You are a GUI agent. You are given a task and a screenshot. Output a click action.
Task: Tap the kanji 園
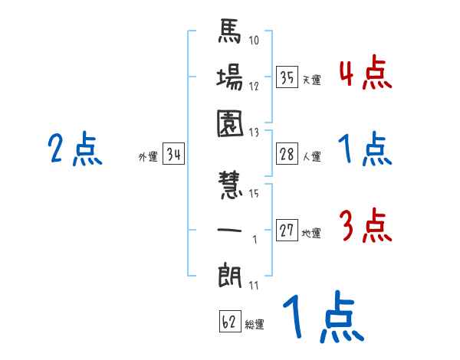(x=230, y=123)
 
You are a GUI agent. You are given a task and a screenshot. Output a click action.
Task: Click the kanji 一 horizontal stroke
(x=230, y=230)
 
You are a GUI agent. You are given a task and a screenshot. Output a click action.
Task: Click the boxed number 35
(x=287, y=77)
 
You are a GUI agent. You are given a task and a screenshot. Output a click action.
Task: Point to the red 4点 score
(x=366, y=74)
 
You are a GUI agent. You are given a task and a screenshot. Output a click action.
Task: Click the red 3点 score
(x=366, y=227)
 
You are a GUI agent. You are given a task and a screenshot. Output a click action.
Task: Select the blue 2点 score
(x=74, y=150)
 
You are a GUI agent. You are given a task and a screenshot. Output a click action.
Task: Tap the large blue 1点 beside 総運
(x=322, y=318)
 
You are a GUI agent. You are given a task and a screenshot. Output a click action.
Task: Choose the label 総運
(x=255, y=325)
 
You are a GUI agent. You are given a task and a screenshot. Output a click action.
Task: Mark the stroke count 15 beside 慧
(x=253, y=193)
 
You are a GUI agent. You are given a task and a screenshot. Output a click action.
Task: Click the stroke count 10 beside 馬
(x=254, y=41)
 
